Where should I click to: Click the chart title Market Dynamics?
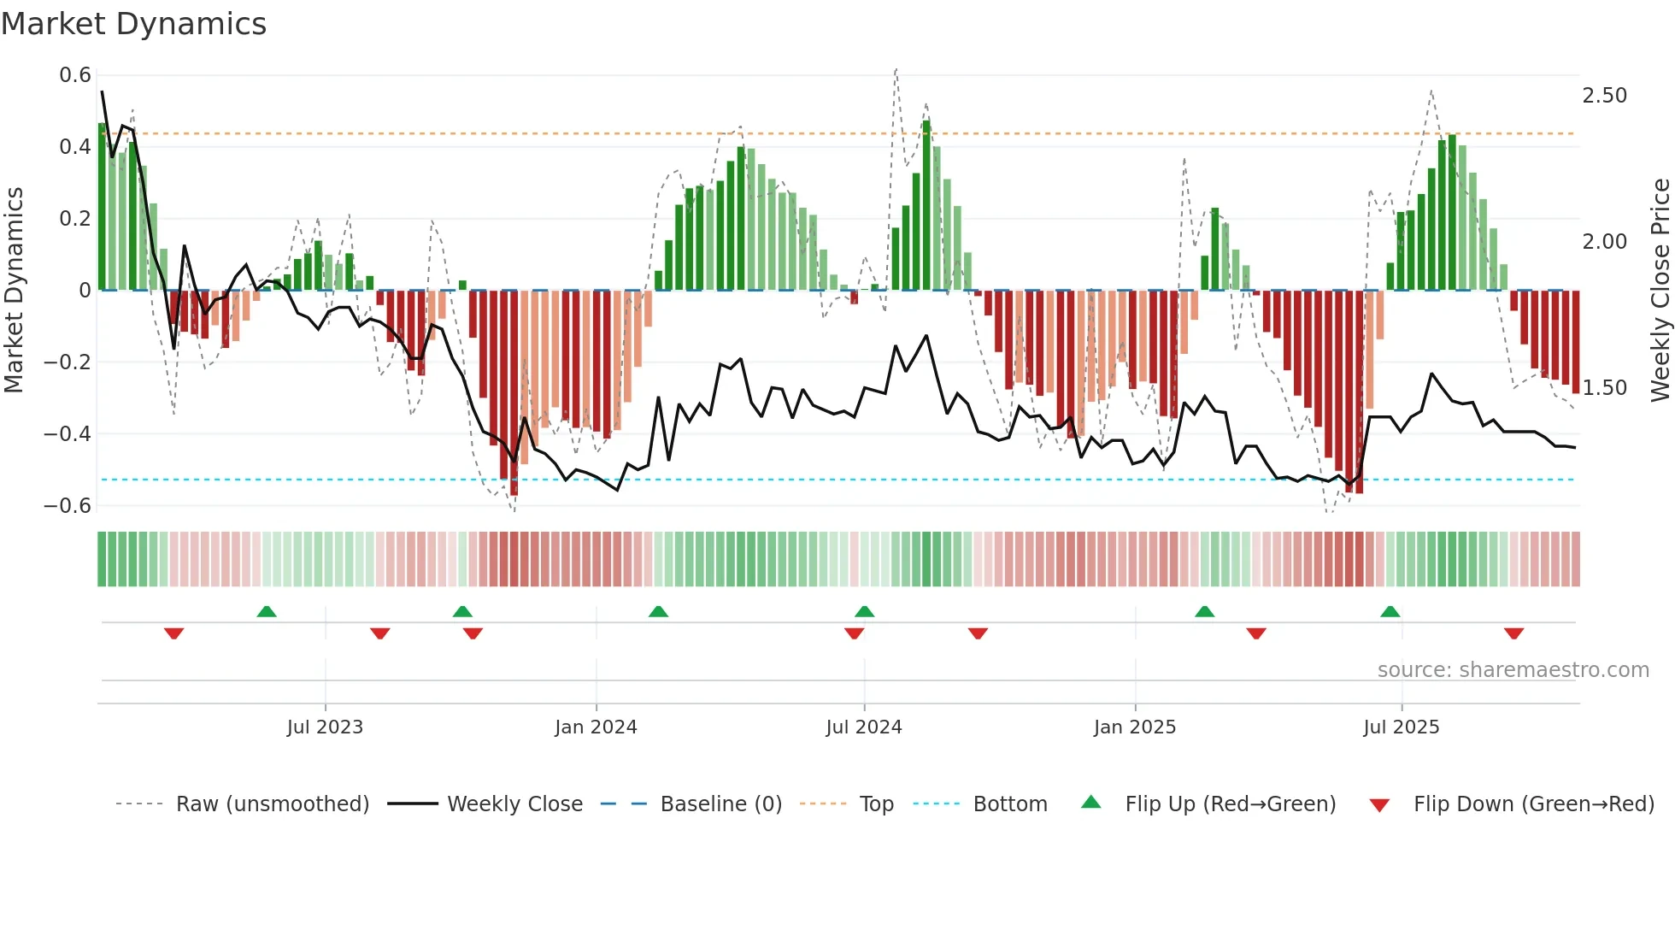coord(134,24)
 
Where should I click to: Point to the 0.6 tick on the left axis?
coord(75,75)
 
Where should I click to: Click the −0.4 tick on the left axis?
coord(68,434)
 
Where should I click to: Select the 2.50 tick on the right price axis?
coord(1604,96)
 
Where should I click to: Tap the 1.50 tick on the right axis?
coord(1604,388)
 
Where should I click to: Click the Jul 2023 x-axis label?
coord(325,727)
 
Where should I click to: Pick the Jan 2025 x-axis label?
coord(1134,727)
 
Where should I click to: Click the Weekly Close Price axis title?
coord(1660,291)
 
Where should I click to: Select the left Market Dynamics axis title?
coord(14,291)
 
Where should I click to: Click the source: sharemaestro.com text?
coord(1513,670)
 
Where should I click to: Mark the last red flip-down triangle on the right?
coord(1513,633)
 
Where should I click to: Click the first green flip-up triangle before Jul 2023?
coord(267,611)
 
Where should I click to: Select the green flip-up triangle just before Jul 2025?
coord(1390,611)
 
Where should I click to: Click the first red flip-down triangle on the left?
coord(173,633)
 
